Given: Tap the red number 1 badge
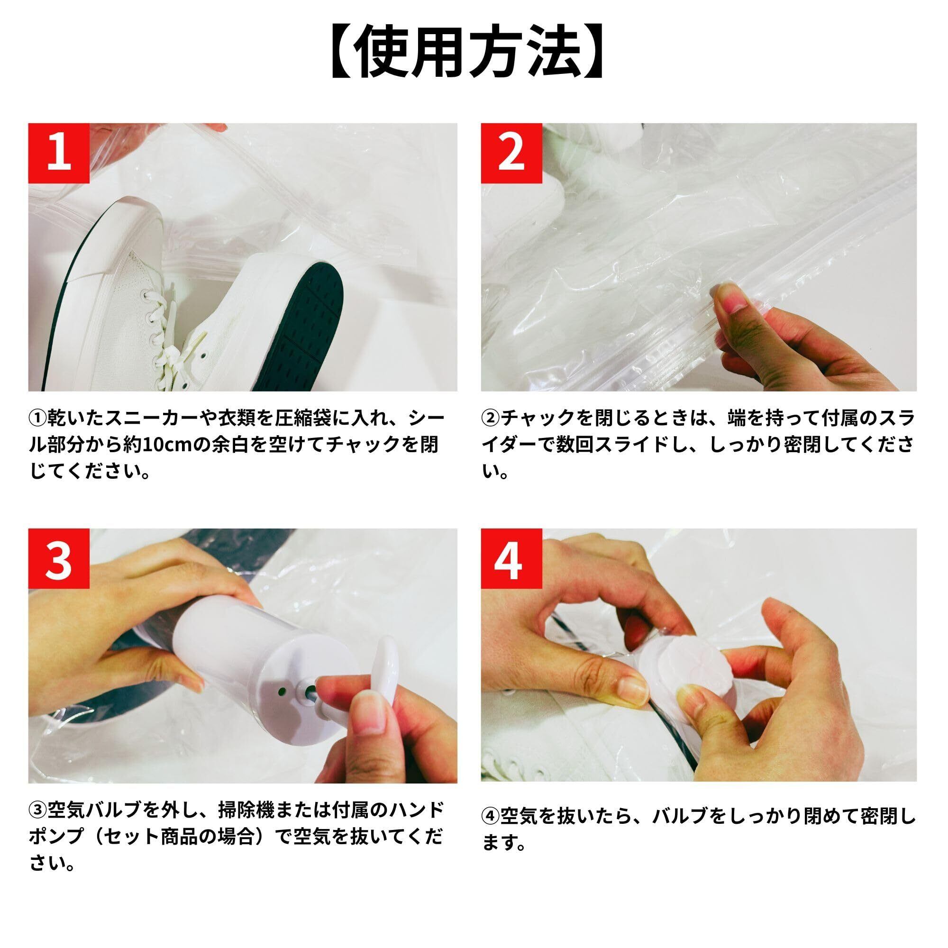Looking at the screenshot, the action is tap(59, 154).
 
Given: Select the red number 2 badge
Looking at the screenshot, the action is tap(511, 154).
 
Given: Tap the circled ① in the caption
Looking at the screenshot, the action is tap(38, 418).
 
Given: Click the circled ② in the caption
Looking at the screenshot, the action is tap(491, 418).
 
